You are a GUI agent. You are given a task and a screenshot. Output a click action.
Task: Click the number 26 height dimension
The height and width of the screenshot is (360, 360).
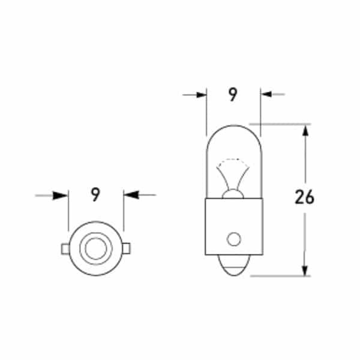point(305,197)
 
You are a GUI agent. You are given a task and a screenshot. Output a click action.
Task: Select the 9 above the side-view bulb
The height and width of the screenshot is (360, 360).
point(233,95)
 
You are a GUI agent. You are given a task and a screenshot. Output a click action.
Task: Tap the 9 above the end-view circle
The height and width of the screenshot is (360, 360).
point(95,194)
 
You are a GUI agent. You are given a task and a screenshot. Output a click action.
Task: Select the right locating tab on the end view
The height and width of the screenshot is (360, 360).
point(127,248)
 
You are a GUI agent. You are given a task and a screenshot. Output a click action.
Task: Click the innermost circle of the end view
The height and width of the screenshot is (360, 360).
point(95,248)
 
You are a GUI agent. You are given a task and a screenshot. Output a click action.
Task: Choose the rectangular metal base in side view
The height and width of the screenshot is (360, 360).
point(233,225)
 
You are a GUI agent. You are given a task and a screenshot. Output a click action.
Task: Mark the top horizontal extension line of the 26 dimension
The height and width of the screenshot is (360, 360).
point(282,124)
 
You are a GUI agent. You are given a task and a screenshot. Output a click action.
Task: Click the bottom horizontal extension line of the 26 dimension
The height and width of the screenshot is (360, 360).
point(282,276)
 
